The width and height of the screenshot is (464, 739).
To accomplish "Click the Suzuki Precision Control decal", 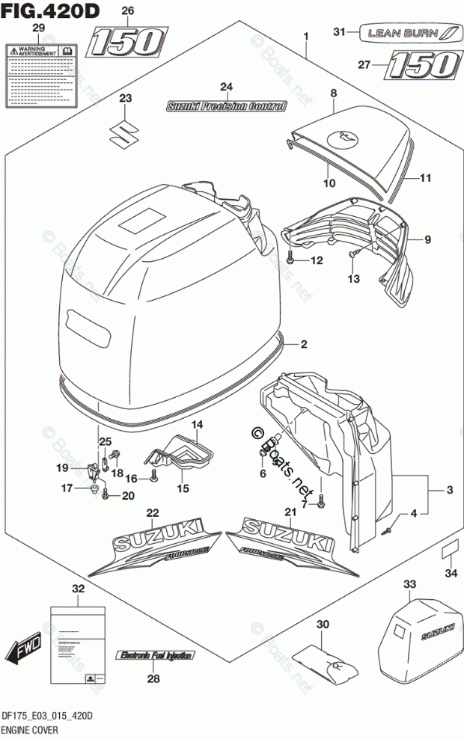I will [226, 107].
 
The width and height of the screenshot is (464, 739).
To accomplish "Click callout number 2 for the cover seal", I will [305, 345].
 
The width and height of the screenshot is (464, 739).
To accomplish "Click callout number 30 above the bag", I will [323, 625].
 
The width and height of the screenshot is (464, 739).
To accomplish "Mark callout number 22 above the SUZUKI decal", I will [153, 513].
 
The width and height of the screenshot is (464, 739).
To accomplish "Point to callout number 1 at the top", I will [305, 37].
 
